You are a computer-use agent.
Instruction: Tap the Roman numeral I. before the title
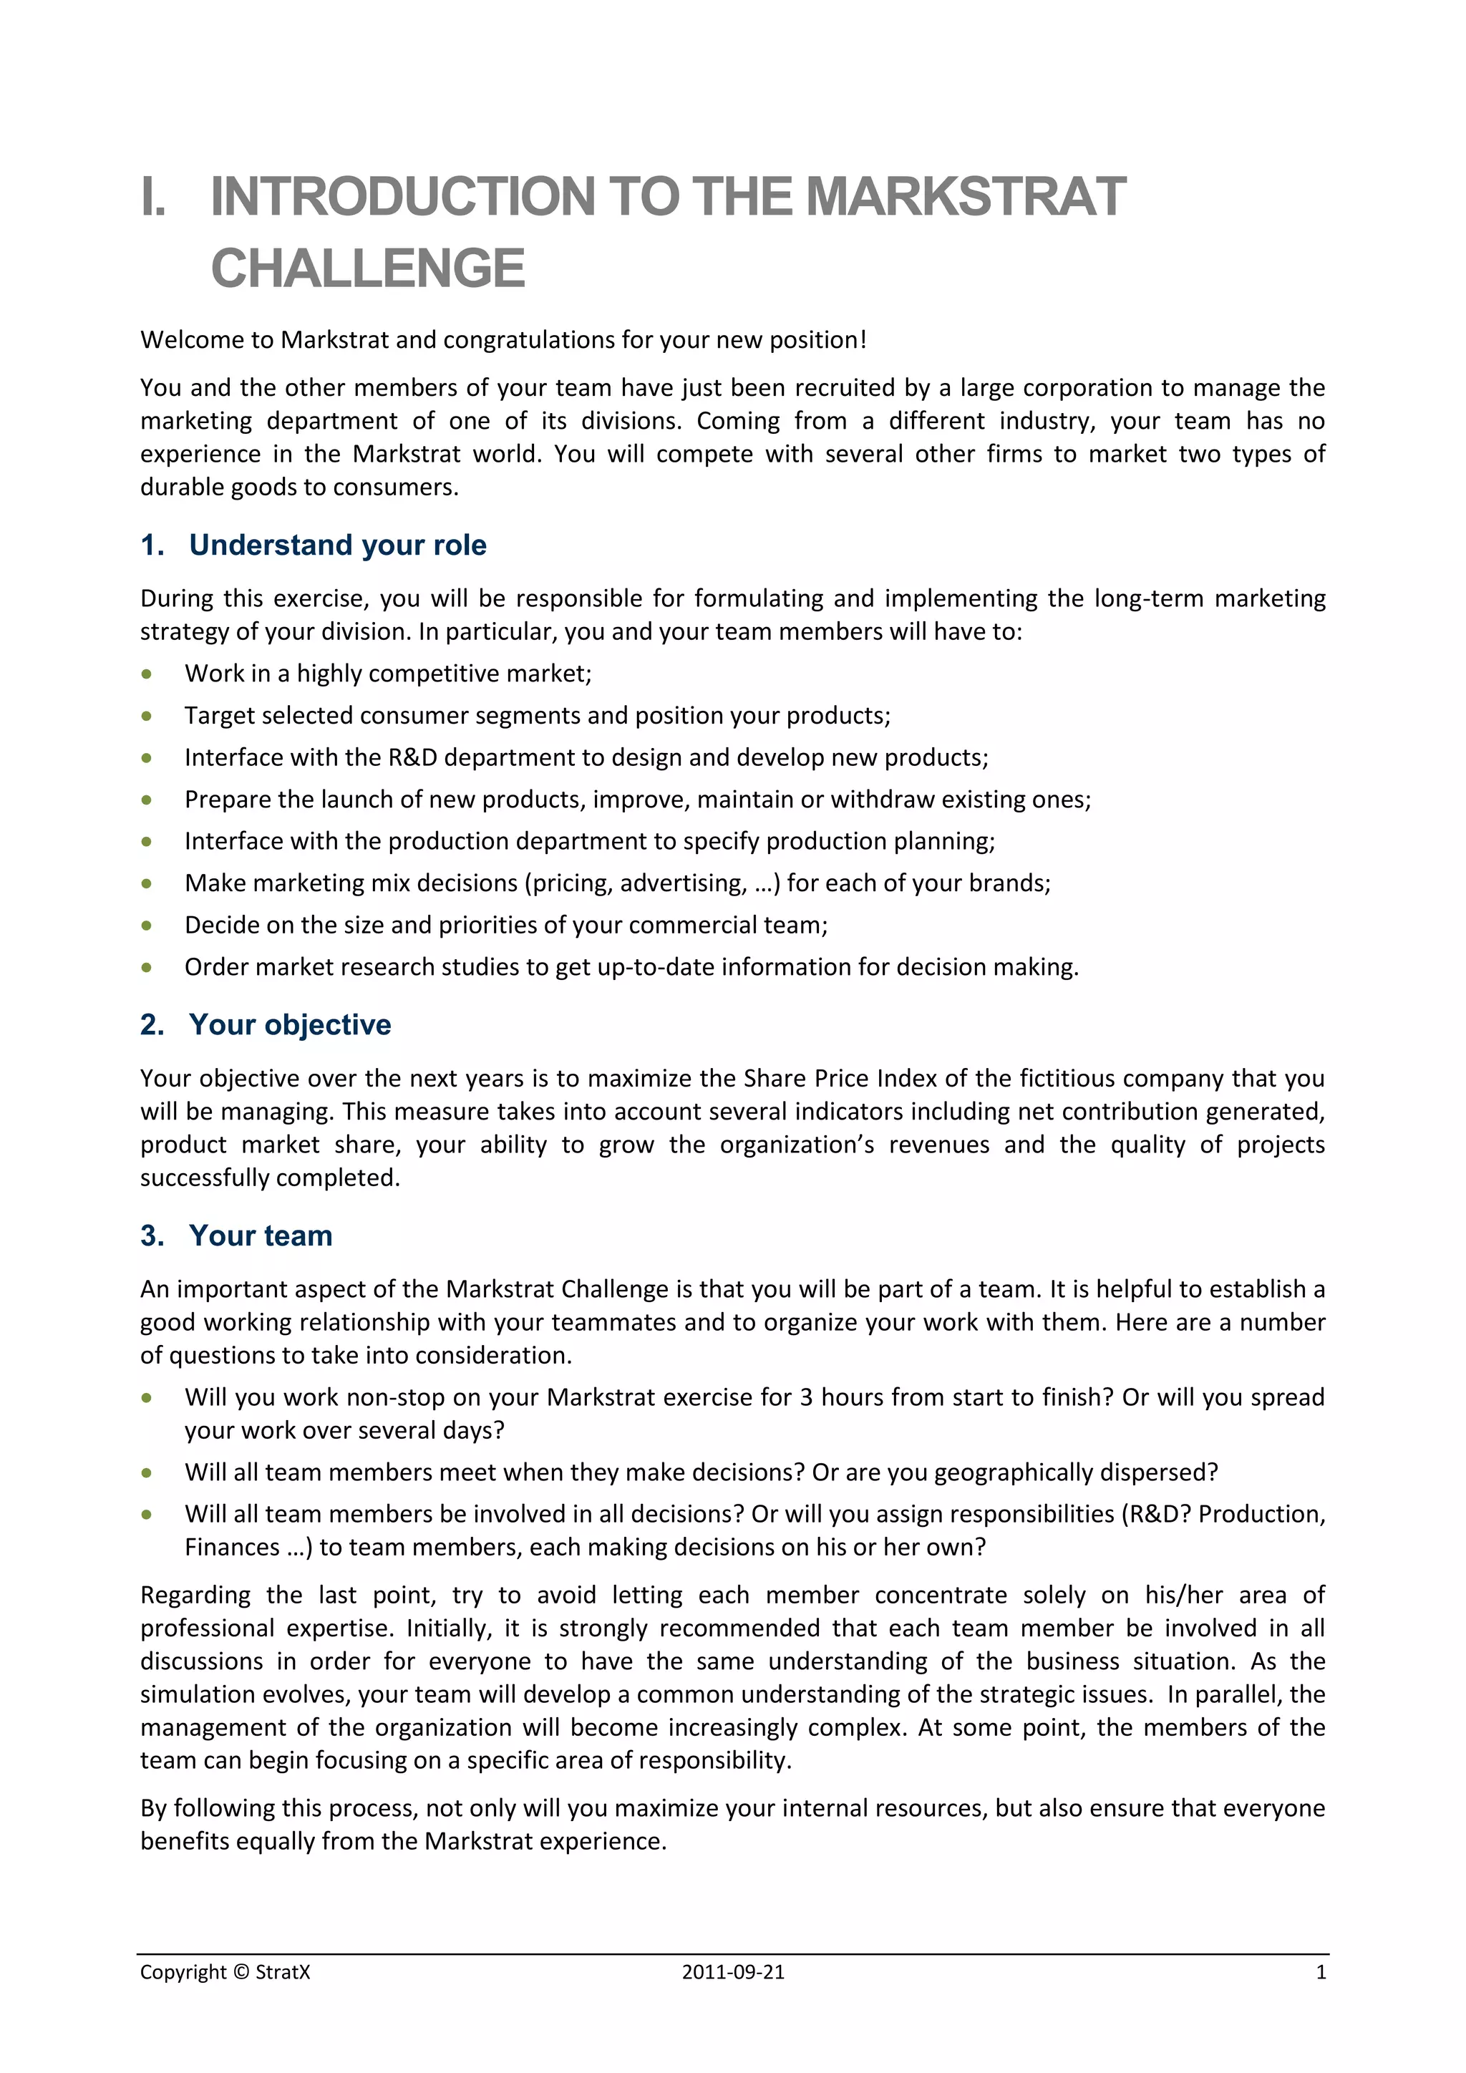[x=153, y=197]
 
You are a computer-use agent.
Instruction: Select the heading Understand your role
[x=338, y=545]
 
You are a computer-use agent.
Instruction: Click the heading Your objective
[x=290, y=1025]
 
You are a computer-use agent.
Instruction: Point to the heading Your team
[x=261, y=1236]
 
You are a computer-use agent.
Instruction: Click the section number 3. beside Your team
[x=152, y=1236]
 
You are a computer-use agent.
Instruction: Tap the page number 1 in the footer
[x=1321, y=1973]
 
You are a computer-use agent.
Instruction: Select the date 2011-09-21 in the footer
[x=733, y=1973]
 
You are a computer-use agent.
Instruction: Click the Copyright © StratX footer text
[x=225, y=1973]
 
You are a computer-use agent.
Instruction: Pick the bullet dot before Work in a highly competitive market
[x=146, y=674]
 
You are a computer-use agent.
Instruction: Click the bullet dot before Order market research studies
[x=146, y=968]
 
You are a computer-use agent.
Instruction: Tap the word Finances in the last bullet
[x=232, y=1548]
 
